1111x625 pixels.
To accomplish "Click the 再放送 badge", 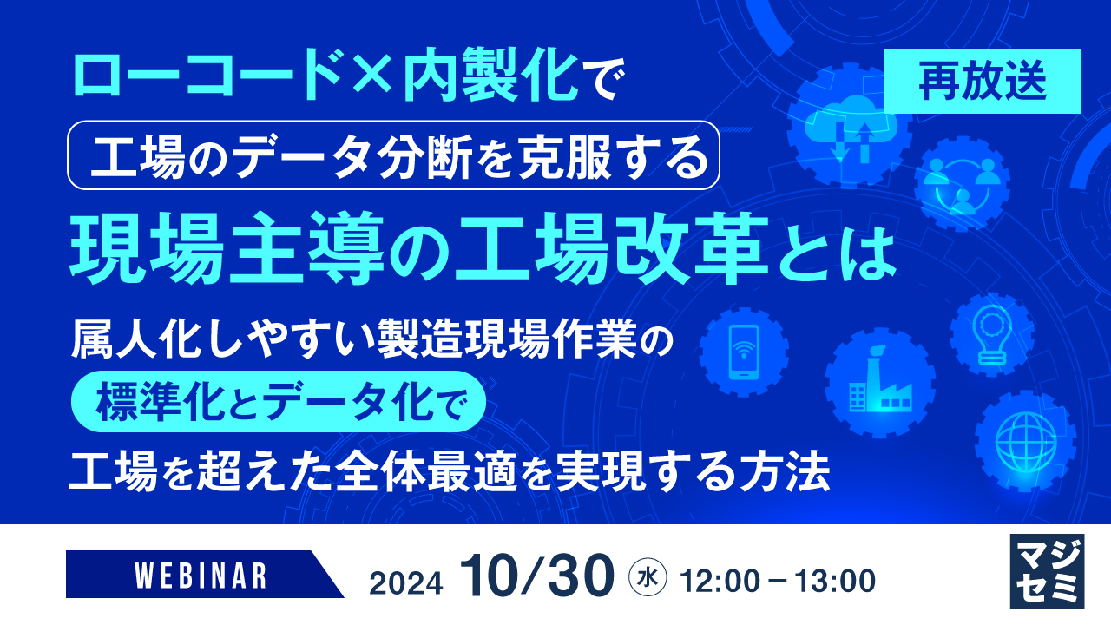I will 982,82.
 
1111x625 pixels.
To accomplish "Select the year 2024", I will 405,579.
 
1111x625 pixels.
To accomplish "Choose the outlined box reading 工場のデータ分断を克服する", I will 393,155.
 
